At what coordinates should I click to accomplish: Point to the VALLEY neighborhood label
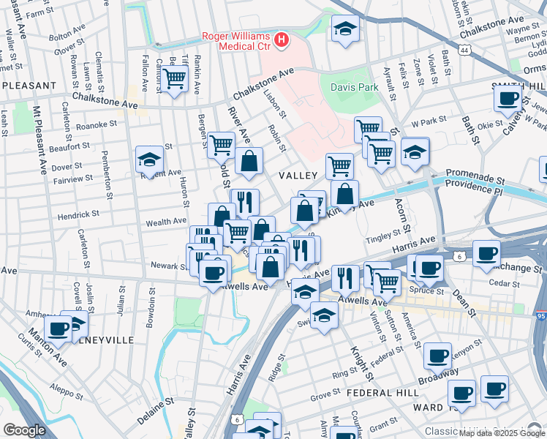298,176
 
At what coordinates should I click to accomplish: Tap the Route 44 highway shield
465,50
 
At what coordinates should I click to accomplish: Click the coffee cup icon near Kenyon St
437,356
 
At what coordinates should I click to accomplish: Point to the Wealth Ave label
167,221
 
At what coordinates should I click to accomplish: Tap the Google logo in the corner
24,430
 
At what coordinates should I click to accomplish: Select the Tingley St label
384,234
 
